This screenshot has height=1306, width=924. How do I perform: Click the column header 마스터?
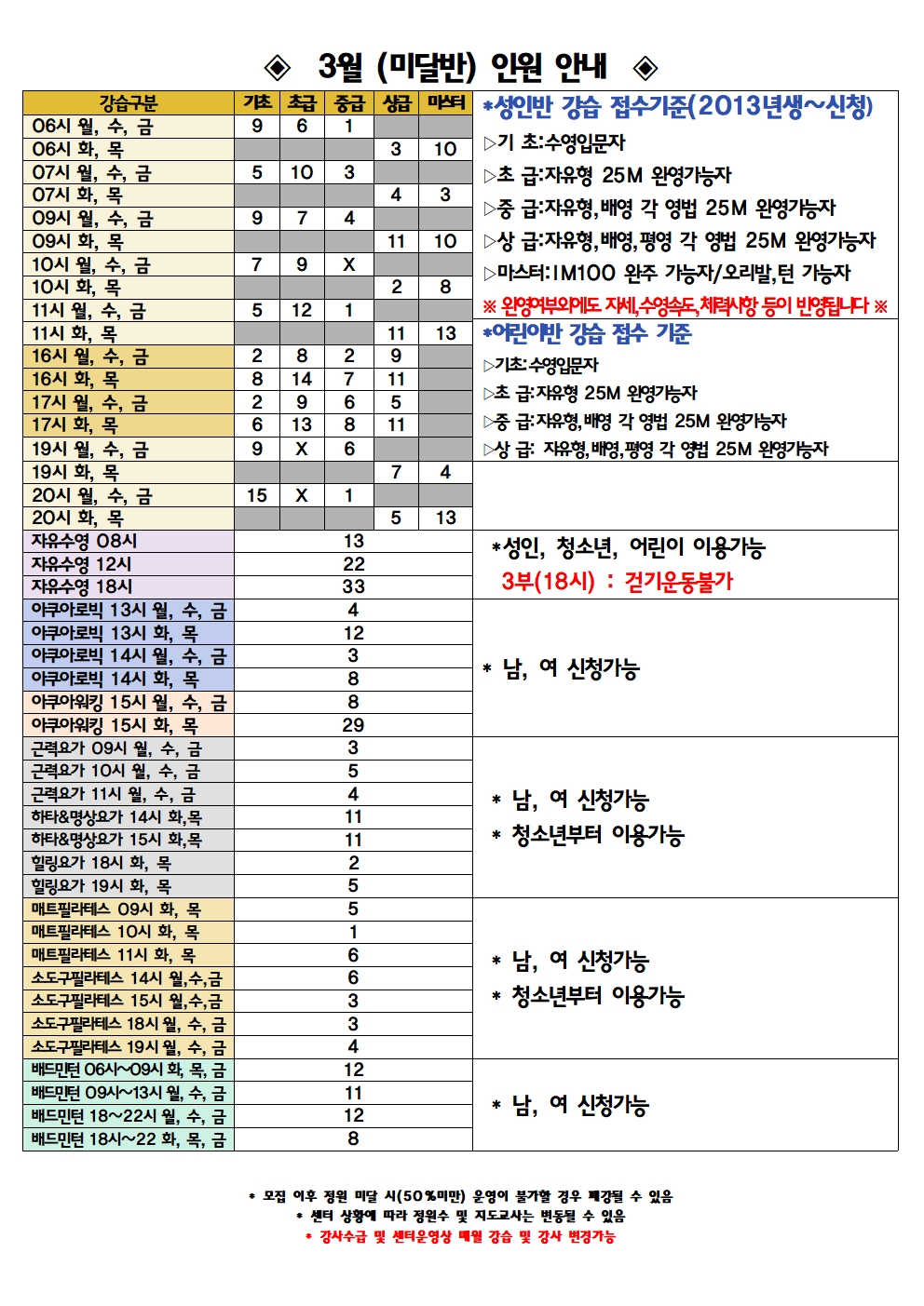coord(445,102)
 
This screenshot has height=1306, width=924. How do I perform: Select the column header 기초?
coord(257,102)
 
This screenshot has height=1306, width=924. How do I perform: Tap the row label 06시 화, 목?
coord(78,149)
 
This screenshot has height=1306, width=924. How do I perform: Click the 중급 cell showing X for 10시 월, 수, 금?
coord(348,264)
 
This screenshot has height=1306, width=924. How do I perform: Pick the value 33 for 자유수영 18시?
coord(353,586)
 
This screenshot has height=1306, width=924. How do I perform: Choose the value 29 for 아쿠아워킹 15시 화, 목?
coord(353,725)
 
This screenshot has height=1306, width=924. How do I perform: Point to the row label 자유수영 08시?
coord(85,541)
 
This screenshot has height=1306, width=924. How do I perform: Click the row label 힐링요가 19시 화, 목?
coord(102,886)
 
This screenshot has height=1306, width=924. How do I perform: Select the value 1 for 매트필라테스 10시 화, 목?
coord(353,932)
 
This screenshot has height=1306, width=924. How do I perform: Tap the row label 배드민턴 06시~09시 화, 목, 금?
coord(129,1070)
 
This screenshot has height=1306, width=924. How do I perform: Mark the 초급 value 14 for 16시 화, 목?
coord(302,379)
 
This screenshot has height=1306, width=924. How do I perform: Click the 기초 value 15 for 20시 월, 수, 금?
coord(257,495)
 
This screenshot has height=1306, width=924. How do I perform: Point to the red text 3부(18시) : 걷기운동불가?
coord(617,582)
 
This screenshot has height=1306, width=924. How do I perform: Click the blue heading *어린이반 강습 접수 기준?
coord(587,334)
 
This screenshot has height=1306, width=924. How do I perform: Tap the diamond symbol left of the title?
coord(278,67)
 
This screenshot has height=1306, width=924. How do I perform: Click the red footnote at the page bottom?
coord(460,1237)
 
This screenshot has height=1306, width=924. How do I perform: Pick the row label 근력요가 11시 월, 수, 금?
coord(114,794)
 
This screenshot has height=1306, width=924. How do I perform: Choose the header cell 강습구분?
coord(129,102)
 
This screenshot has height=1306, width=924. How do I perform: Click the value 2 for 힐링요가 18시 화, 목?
coord(353,863)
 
